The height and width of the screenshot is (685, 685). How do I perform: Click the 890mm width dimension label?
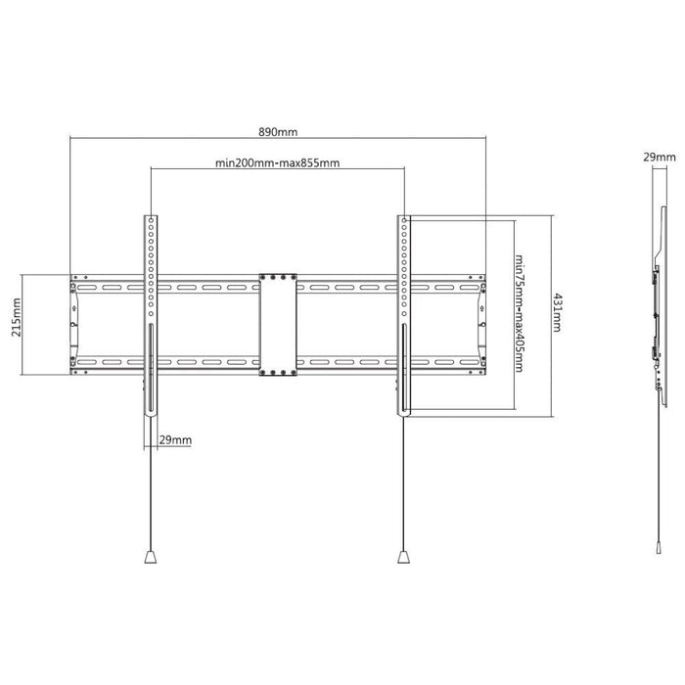[278, 131]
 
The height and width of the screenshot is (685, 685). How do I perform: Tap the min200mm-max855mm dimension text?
[277, 163]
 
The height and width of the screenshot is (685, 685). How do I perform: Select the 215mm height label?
[17, 323]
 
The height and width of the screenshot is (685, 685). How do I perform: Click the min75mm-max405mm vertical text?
[520, 313]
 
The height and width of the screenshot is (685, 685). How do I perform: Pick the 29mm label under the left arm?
[175, 439]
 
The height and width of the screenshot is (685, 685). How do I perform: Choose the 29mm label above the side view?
[660, 157]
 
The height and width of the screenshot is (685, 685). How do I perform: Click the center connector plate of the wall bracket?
[278, 325]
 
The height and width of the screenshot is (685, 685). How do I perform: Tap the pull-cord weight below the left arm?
[151, 557]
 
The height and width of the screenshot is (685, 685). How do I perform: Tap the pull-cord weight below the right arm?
[403, 557]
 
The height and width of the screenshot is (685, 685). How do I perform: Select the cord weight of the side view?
[659, 548]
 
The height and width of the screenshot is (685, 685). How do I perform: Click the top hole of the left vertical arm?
[151, 220]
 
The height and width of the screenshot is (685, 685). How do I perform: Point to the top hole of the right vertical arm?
[404, 220]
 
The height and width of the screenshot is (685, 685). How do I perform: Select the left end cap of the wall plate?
[74, 325]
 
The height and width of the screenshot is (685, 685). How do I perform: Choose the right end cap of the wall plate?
[481, 325]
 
